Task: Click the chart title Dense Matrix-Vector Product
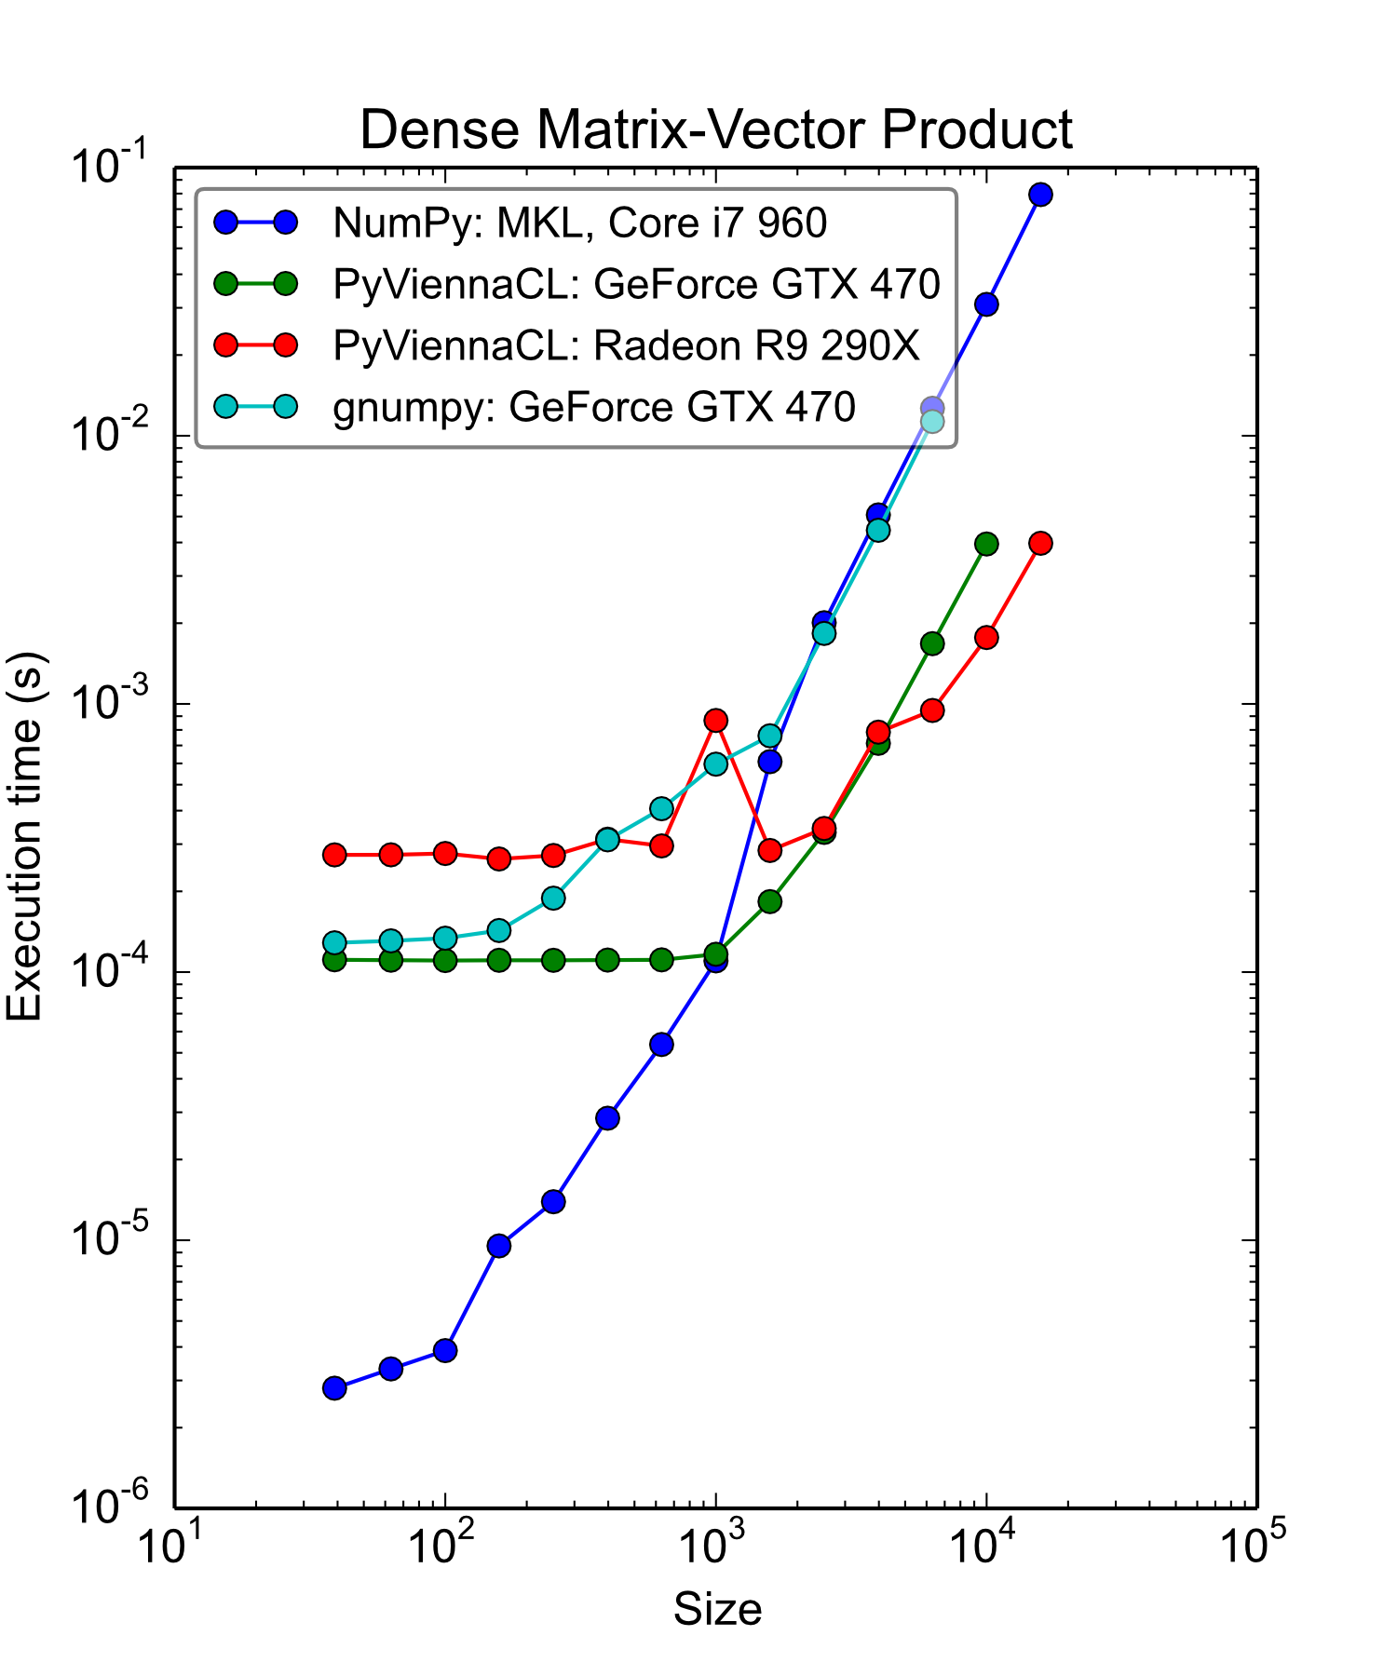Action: [x=715, y=129]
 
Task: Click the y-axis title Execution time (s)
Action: [x=26, y=838]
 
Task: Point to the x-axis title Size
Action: [x=717, y=1609]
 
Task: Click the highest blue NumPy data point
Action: [x=1040, y=195]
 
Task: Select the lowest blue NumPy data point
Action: [x=334, y=1388]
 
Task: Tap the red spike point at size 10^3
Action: [x=715, y=720]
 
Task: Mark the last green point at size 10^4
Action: [x=986, y=544]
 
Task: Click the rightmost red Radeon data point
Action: [x=1040, y=543]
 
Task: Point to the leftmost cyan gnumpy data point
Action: [x=334, y=942]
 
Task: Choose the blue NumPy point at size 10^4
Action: [x=986, y=304]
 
